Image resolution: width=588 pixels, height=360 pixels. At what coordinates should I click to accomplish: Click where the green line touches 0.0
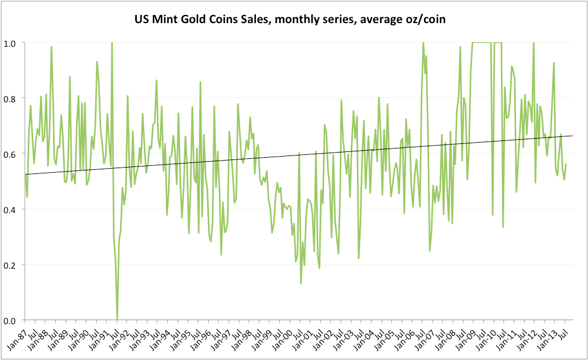click(x=117, y=320)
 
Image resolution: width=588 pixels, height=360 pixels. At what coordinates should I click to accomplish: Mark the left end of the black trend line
click(x=25, y=175)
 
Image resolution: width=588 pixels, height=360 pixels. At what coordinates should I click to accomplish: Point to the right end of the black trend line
click(x=573, y=136)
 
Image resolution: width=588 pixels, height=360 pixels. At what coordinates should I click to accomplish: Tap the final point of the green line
click(x=566, y=164)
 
